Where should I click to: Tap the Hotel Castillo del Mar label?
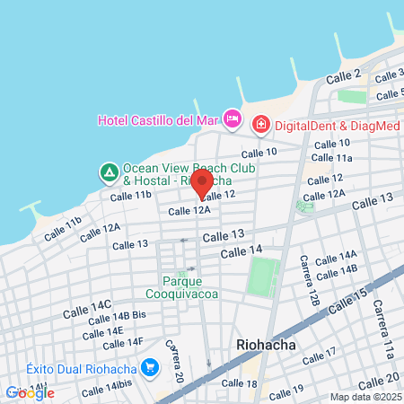point(159,119)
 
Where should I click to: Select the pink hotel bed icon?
point(233,119)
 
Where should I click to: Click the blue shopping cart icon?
point(149,368)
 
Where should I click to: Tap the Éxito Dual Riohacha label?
point(81,368)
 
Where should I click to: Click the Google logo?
point(30,391)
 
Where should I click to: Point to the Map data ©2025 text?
point(363,396)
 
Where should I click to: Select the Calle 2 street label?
point(343,77)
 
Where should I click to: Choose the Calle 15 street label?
point(348,302)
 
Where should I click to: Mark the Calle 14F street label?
point(123,342)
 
